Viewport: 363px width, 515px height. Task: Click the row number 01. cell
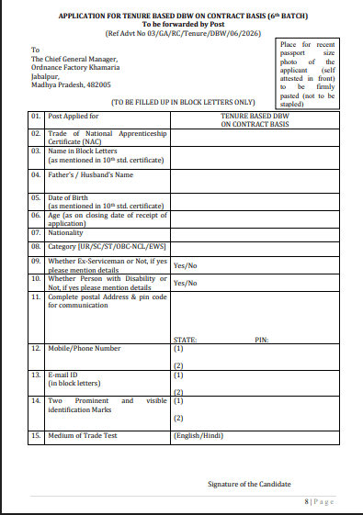(36, 118)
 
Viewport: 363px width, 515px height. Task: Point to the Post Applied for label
(74, 118)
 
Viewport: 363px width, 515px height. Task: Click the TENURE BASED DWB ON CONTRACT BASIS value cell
(254, 121)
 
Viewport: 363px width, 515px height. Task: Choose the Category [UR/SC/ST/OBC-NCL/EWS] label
(106, 247)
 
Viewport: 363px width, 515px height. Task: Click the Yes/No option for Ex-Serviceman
(186, 264)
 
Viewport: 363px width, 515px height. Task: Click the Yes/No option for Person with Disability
(186, 283)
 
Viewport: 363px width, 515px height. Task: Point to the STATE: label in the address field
(186, 339)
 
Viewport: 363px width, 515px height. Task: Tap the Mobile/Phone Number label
(85, 349)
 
